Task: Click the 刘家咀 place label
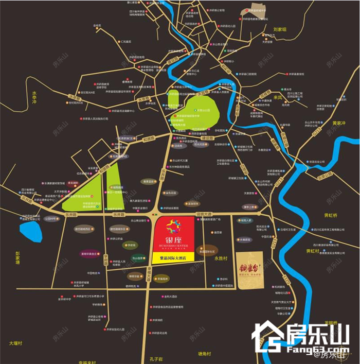pyautogui.click(x=280, y=30)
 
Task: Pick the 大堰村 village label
pyautogui.click(x=16, y=343)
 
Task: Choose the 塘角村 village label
pyautogui.click(x=206, y=354)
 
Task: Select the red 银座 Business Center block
pyautogui.click(x=174, y=235)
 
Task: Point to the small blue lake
pyautogui.click(x=30, y=231)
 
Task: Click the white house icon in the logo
pyautogui.click(x=266, y=338)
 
